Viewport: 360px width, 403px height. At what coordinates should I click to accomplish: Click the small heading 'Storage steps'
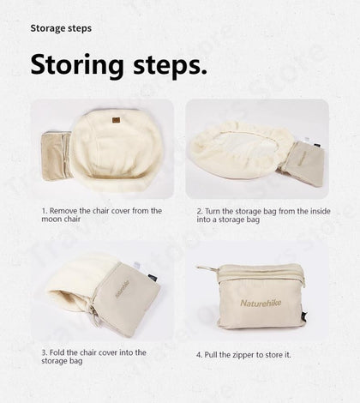(61, 28)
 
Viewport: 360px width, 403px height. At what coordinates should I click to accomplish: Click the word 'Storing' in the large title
(77, 65)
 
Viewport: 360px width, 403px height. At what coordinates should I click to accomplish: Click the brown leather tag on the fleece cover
(116, 121)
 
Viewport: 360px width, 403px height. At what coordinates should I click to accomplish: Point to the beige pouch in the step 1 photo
(56, 156)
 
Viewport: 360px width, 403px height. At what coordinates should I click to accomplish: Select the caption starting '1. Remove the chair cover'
(102, 215)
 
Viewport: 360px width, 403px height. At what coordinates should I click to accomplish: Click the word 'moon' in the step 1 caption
(51, 220)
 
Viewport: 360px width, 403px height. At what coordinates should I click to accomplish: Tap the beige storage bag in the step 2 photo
(303, 162)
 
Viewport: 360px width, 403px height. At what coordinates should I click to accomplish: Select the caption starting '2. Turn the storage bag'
(263, 215)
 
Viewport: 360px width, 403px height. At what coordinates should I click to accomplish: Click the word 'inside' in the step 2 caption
(321, 212)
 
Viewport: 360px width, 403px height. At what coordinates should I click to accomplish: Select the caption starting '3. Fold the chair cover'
(93, 357)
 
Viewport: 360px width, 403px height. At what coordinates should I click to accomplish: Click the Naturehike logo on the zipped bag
(261, 303)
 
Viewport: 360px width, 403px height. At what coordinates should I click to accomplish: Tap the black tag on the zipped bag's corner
(304, 316)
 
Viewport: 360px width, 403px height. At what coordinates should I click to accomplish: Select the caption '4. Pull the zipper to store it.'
(243, 355)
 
